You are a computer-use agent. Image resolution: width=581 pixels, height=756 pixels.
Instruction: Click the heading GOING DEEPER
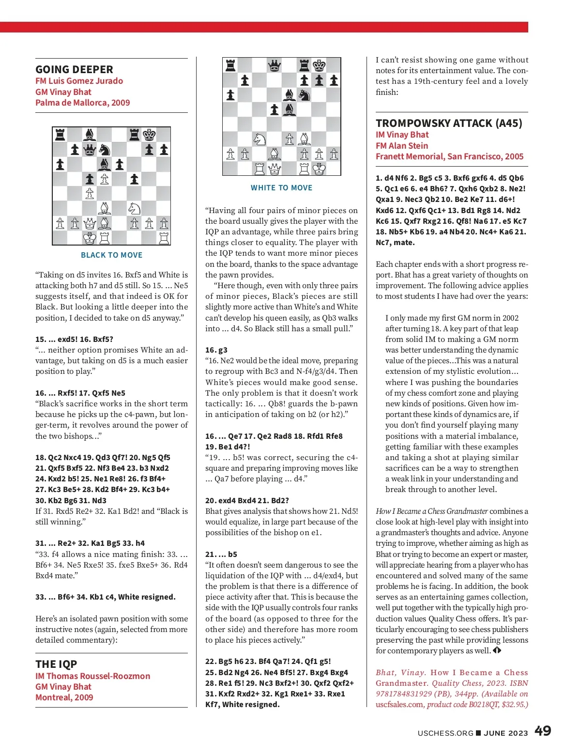point(74,69)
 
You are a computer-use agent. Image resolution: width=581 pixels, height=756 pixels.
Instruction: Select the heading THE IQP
point(56,664)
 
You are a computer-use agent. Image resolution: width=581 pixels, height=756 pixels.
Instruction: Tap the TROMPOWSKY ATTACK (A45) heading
point(449,123)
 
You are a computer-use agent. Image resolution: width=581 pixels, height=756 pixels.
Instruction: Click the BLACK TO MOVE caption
point(111,255)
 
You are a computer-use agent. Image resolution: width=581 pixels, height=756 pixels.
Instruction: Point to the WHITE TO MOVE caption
point(281,188)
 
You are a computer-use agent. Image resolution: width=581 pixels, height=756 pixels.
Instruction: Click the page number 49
point(543,731)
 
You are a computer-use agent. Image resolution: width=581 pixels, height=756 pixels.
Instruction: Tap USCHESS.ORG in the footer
point(445,733)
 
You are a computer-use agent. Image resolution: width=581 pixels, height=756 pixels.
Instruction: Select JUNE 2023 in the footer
point(505,733)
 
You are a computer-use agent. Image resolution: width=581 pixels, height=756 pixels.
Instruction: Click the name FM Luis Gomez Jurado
point(79,81)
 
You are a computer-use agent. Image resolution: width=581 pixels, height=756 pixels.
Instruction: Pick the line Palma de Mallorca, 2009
point(82,103)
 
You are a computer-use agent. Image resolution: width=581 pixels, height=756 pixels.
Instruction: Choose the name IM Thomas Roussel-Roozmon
point(92,676)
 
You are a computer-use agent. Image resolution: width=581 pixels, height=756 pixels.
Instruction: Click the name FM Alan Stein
point(402,146)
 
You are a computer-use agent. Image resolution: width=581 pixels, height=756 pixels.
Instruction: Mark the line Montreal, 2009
point(64,697)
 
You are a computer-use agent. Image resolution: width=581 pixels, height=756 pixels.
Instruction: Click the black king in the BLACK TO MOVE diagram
point(149,134)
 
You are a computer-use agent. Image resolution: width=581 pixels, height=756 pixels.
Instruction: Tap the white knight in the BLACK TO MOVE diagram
point(134,209)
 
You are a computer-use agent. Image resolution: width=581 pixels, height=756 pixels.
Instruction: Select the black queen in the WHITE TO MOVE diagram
point(275,65)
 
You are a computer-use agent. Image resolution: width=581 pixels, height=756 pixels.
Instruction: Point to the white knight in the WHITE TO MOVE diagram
point(260,139)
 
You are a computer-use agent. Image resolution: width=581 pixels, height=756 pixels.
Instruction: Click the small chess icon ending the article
point(497,650)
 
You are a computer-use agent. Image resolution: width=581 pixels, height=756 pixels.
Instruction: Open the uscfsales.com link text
point(399,705)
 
